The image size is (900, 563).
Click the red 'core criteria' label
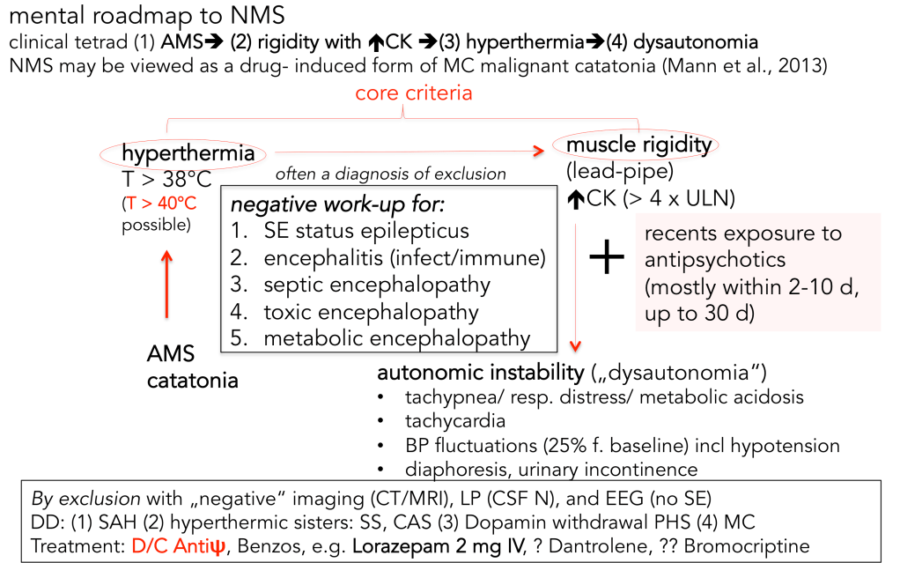413,93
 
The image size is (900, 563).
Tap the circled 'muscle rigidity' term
638,144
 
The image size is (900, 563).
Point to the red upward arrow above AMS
166,283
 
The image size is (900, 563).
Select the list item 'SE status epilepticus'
365,232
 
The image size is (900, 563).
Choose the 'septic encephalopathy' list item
376,285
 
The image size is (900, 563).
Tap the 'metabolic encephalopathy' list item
396,337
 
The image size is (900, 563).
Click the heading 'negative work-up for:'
338,205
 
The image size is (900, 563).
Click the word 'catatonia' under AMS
192,382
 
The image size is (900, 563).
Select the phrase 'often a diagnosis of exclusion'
390,174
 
